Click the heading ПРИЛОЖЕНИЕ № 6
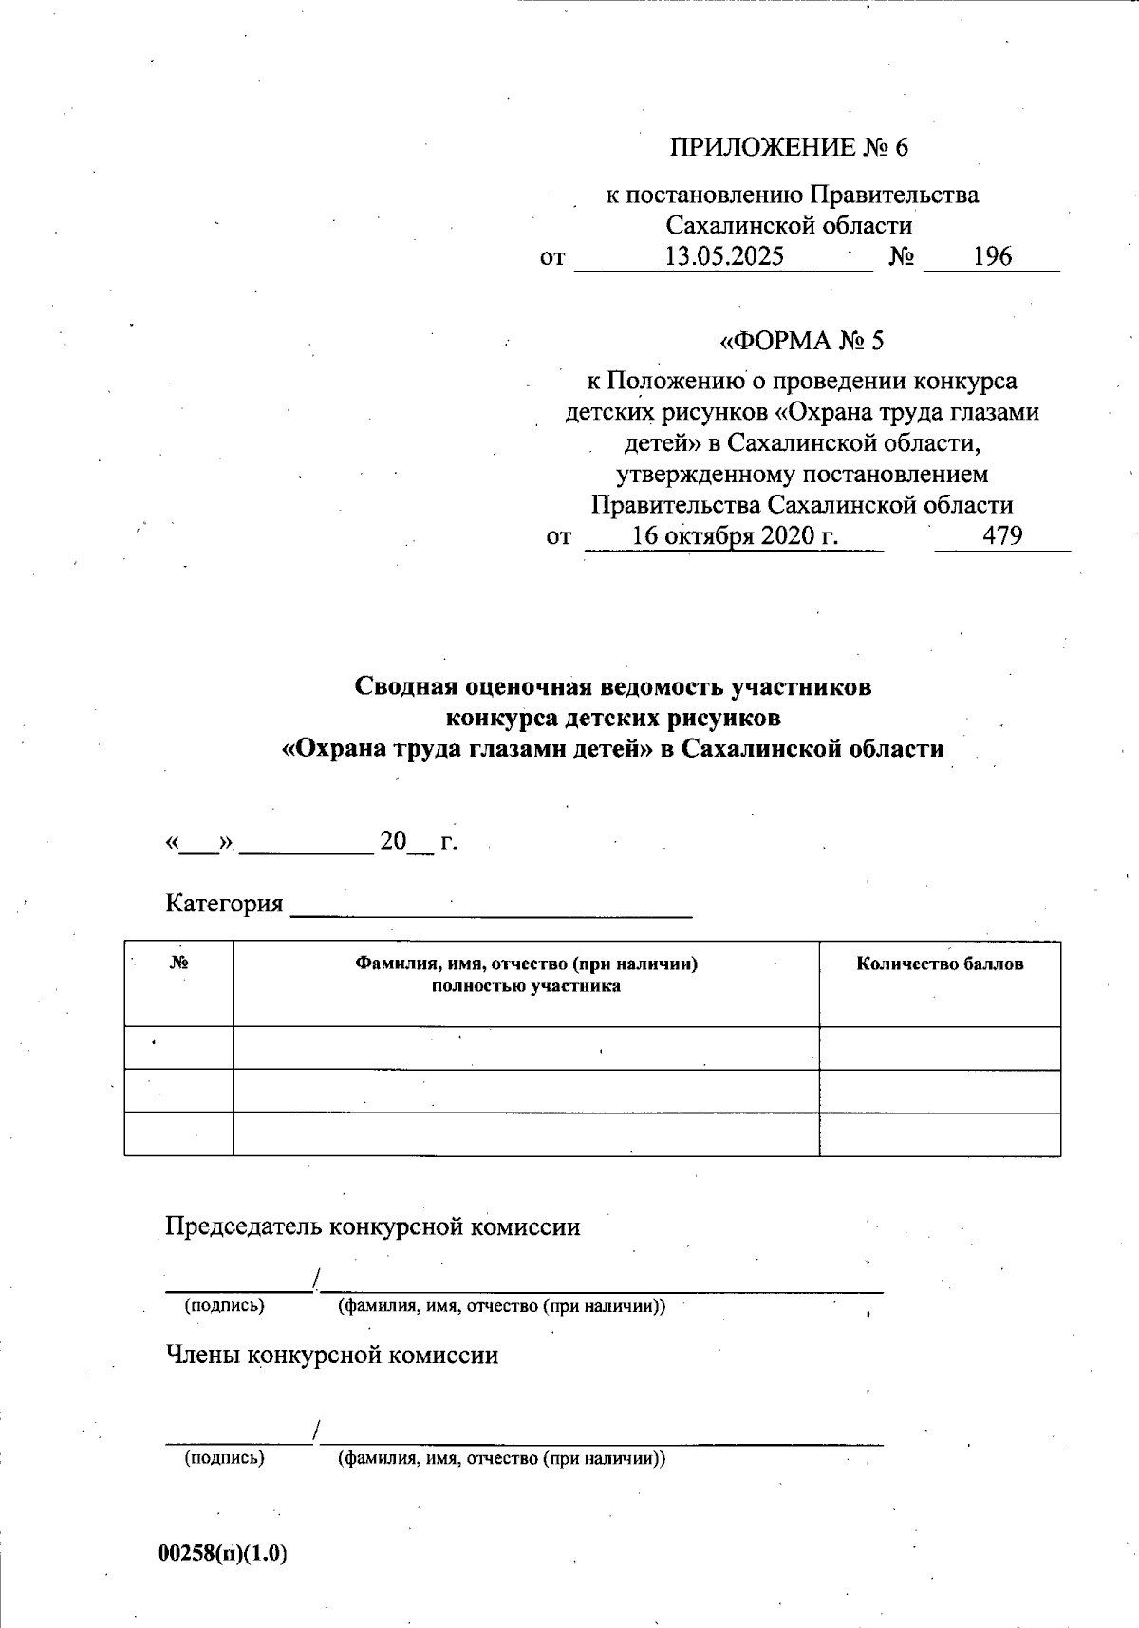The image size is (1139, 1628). (x=789, y=147)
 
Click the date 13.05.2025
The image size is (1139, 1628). (x=723, y=256)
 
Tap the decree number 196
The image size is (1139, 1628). (x=992, y=256)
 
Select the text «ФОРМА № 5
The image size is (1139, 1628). (x=802, y=340)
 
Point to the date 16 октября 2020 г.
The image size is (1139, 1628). (x=735, y=535)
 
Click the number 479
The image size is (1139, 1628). (x=1002, y=535)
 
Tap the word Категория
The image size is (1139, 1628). (x=224, y=903)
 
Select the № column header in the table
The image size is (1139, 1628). (x=178, y=963)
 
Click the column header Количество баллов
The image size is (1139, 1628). (x=940, y=964)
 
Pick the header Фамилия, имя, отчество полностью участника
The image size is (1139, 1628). (x=526, y=975)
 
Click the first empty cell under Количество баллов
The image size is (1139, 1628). (x=940, y=1048)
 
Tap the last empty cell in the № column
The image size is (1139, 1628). (x=178, y=1133)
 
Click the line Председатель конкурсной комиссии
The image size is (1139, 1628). (x=372, y=1226)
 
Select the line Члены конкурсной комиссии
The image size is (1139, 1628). (x=331, y=1355)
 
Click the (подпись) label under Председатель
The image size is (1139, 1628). (x=224, y=1305)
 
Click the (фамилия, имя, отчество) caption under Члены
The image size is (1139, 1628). (x=501, y=1458)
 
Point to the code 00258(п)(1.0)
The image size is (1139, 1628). (x=223, y=1553)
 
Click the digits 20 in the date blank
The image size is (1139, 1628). (x=393, y=840)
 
